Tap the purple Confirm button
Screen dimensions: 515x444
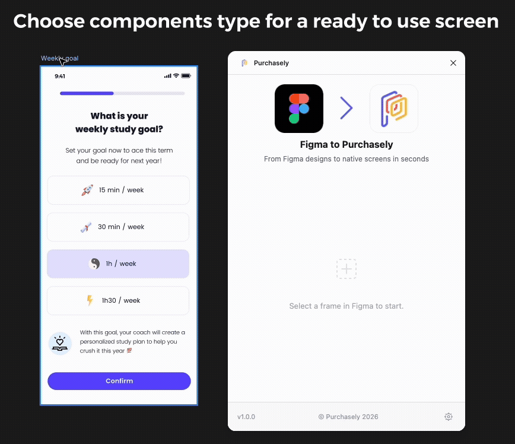click(119, 381)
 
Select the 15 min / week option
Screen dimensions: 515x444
click(118, 190)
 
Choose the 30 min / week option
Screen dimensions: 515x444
click(118, 227)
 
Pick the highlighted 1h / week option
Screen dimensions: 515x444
click(118, 264)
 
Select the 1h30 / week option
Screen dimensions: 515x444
click(118, 300)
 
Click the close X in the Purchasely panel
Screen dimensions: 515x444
click(453, 63)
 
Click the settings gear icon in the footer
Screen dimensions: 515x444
click(449, 417)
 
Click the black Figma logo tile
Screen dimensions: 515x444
click(299, 109)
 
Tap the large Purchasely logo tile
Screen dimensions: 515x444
click(394, 109)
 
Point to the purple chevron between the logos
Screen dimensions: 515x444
click(346, 108)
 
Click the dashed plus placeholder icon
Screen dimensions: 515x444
click(346, 269)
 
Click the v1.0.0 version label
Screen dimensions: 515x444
click(246, 417)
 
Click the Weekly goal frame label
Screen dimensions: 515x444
click(59, 58)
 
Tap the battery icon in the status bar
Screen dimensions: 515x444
click(186, 76)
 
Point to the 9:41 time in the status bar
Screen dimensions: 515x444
click(60, 76)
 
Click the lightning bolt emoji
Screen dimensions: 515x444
click(90, 300)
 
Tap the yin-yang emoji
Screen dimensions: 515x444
click(94, 264)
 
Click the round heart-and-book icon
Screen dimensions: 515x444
click(60, 344)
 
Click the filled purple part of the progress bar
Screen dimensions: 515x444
click(87, 93)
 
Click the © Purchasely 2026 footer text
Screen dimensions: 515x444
click(348, 417)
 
